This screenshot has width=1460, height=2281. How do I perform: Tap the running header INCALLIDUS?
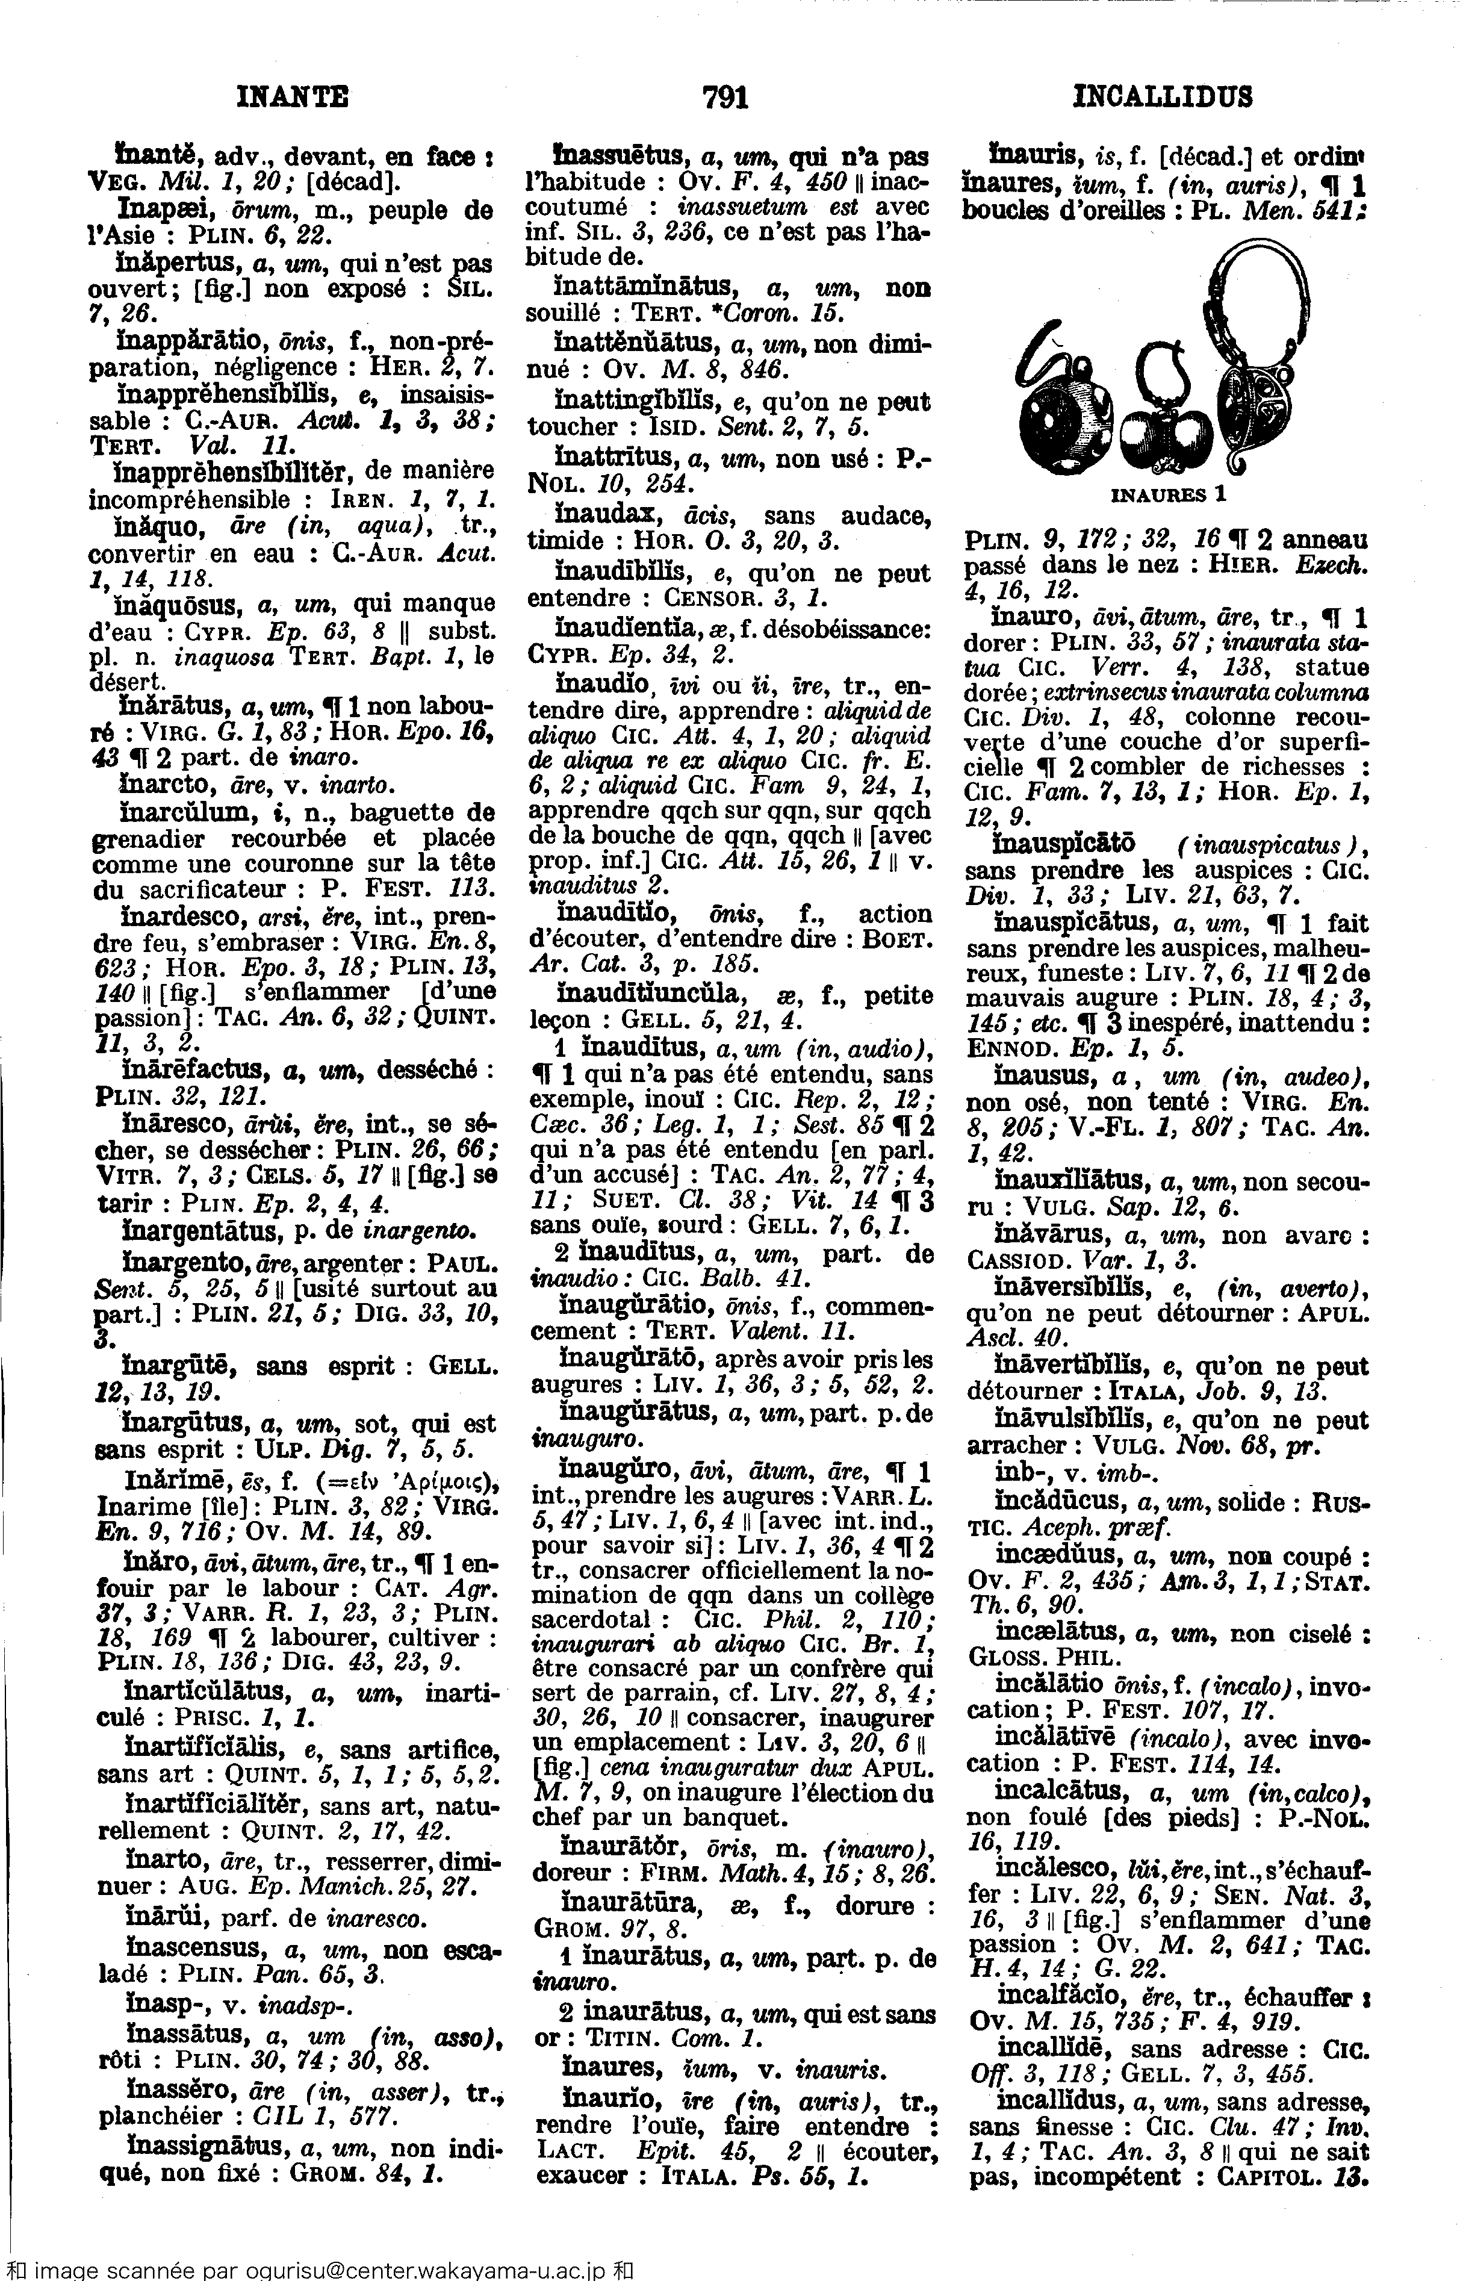[1163, 97]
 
